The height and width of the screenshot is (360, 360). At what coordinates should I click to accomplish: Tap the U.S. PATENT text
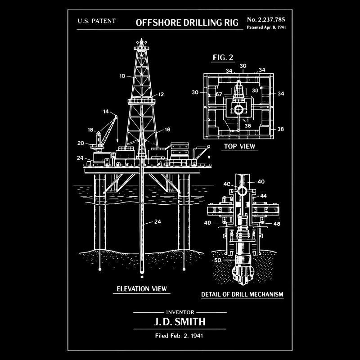pyautogui.click(x=97, y=21)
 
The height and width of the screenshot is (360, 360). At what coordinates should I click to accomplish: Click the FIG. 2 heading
pyautogui.click(x=223, y=57)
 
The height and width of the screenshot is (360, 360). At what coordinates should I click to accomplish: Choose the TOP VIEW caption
pyautogui.click(x=239, y=146)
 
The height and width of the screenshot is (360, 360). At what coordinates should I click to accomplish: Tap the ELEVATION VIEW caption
pyautogui.click(x=142, y=288)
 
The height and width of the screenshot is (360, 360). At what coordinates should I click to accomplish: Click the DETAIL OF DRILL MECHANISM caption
pyautogui.click(x=242, y=295)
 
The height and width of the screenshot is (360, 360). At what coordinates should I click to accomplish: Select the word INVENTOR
pyautogui.click(x=180, y=312)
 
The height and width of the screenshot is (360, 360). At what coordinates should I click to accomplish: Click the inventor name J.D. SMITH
pyautogui.click(x=180, y=322)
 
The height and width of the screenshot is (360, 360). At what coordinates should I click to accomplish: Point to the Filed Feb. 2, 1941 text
pyautogui.click(x=180, y=336)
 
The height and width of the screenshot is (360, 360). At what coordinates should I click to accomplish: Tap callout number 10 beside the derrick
pyautogui.click(x=122, y=76)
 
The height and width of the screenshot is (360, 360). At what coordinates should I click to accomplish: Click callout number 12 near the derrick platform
pyautogui.click(x=161, y=94)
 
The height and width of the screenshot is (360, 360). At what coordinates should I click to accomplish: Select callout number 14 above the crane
pyautogui.click(x=106, y=111)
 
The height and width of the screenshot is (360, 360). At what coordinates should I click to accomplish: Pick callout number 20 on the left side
pyautogui.click(x=81, y=143)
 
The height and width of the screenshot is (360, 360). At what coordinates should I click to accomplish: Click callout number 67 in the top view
pyautogui.click(x=219, y=94)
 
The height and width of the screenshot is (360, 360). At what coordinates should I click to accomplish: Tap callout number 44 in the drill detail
pyautogui.click(x=263, y=196)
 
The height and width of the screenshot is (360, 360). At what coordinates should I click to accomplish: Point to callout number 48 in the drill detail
pyautogui.click(x=277, y=224)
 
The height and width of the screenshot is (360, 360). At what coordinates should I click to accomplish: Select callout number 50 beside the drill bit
pyautogui.click(x=218, y=260)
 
